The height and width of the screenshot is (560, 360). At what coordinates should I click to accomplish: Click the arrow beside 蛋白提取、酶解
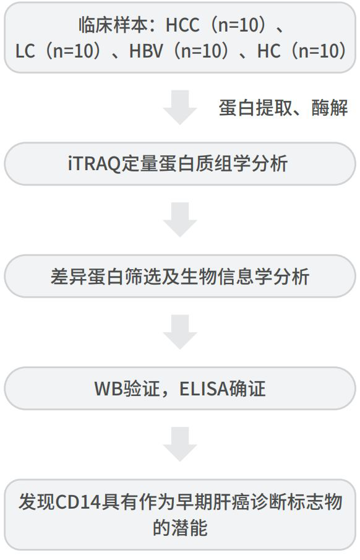180,107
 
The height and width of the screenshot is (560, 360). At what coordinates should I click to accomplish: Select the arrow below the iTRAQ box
180,220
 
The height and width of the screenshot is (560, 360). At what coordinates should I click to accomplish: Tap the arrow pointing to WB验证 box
180,332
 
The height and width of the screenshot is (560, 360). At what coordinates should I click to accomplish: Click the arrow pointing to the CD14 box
180,444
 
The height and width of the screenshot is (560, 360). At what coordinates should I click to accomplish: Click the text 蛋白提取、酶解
283,108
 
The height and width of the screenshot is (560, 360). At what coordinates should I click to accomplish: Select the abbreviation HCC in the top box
182,26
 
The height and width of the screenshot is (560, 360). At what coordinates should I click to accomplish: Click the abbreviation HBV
146,51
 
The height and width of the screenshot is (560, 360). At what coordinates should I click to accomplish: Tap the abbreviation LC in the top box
25,51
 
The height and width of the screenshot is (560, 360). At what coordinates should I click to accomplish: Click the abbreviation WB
109,389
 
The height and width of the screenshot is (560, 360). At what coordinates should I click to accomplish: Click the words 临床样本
114,26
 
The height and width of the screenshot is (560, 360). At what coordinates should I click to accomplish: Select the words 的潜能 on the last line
180,527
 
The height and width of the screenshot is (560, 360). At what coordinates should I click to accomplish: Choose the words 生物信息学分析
245,277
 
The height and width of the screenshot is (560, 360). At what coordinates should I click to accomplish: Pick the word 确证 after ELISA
247,389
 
